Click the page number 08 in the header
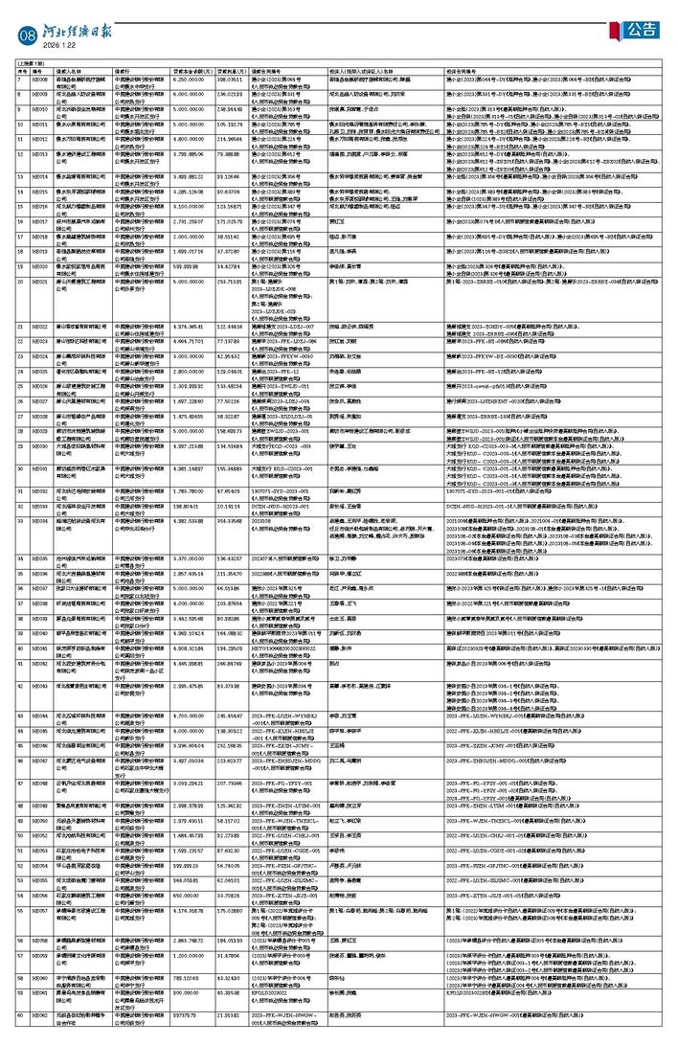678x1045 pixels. click(x=26, y=34)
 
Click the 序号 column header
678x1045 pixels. click(x=19, y=71)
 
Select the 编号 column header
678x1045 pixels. click(x=39, y=71)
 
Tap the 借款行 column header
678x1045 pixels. click(x=124, y=71)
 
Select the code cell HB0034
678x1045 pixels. click(x=39, y=521)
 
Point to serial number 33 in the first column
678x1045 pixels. click(x=19, y=521)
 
